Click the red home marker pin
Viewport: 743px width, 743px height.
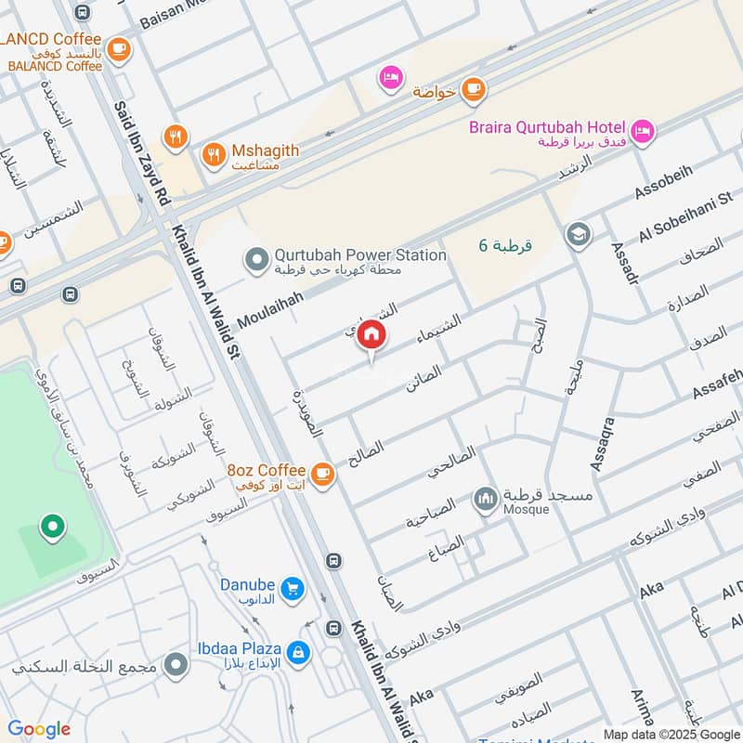click(371, 335)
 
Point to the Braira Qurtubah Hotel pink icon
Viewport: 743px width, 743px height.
click(642, 133)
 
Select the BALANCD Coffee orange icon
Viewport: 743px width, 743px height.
click(118, 48)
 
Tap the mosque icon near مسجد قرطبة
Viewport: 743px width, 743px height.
click(485, 501)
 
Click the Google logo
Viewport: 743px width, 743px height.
click(39, 729)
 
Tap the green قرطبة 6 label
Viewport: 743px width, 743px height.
click(505, 245)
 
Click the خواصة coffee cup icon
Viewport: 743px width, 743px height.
click(474, 89)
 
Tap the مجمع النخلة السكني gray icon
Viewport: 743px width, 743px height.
click(176, 665)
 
